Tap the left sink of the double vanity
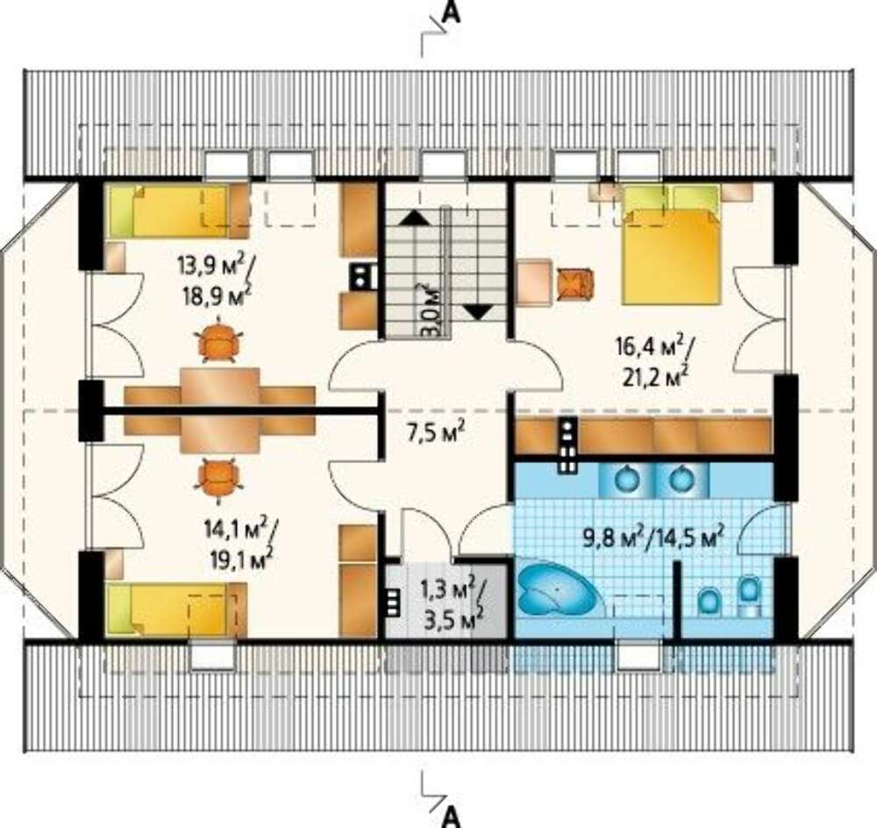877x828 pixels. (626, 479)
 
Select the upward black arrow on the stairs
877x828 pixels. (414, 217)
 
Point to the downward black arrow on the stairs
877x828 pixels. (478, 311)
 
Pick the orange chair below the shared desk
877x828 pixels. (218, 476)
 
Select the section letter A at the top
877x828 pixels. (452, 12)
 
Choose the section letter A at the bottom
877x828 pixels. (452, 817)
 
